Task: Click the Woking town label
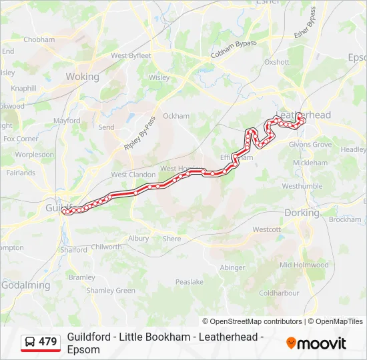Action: click(x=82, y=77)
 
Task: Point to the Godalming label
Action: click(x=25, y=285)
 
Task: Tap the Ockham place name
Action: click(x=176, y=115)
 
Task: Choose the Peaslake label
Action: click(x=190, y=282)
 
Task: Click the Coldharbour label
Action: click(x=280, y=293)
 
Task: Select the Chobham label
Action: click(x=39, y=39)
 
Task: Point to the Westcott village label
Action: click(x=266, y=229)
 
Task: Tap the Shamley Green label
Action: click(x=111, y=290)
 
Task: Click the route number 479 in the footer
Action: click(x=48, y=341)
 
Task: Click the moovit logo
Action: click(x=316, y=343)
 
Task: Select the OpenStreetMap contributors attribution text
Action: click(x=252, y=321)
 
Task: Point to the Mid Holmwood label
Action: click(x=304, y=265)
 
